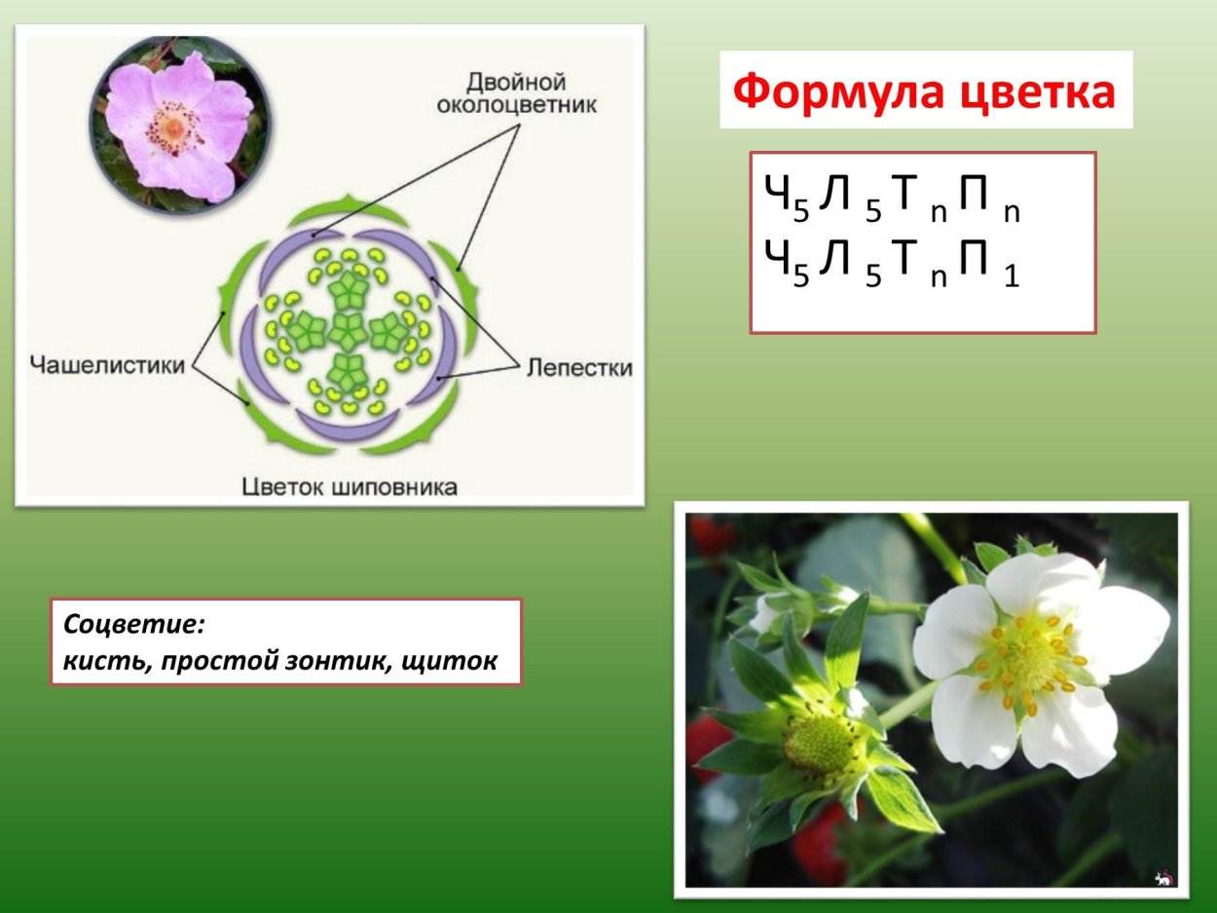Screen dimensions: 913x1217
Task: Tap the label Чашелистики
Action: pyautogui.click(x=106, y=366)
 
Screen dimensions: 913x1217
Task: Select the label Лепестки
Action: pyautogui.click(x=580, y=367)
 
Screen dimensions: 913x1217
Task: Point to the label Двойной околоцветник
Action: pyautogui.click(x=516, y=92)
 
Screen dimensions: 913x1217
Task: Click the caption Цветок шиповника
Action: pyautogui.click(x=349, y=487)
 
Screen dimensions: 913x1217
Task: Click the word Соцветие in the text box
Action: pyautogui.click(x=135, y=624)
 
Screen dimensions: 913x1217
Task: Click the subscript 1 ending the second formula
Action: pyautogui.click(x=1011, y=278)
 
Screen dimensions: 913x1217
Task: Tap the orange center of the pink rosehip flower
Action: pyautogui.click(x=171, y=128)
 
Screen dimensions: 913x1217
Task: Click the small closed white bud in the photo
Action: pyautogui.click(x=768, y=612)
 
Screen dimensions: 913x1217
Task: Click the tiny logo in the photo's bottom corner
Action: pyautogui.click(x=1162, y=878)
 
